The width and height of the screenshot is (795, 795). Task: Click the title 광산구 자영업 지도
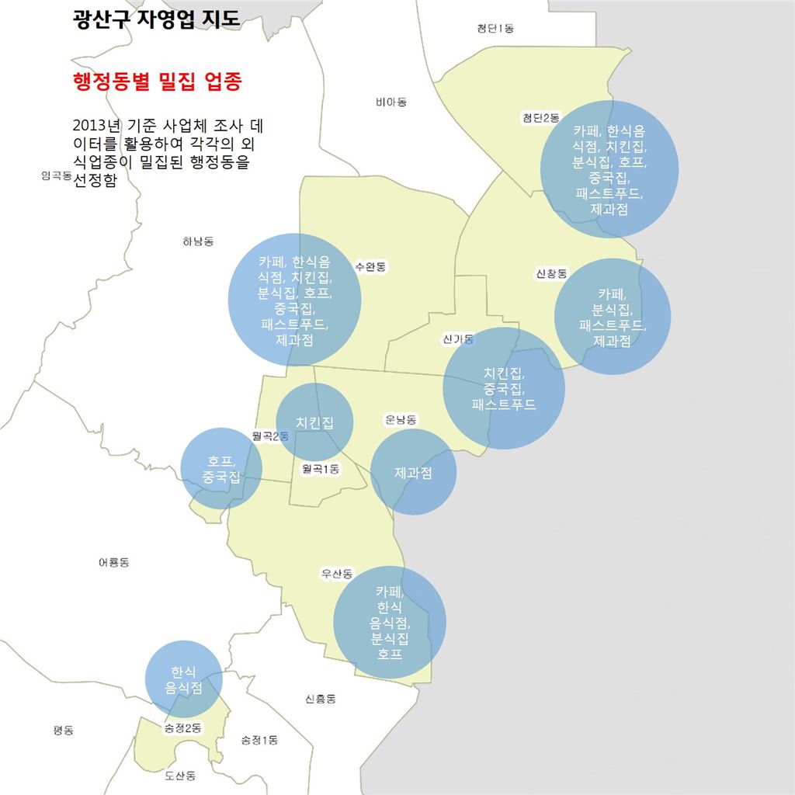[x=156, y=19]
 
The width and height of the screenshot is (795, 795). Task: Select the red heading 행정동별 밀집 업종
[x=156, y=82]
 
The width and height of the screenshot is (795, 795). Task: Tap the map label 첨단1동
[x=495, y=29]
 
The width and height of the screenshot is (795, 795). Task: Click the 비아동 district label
[x=391, y=102]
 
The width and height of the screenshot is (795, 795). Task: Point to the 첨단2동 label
[x=540, y=117]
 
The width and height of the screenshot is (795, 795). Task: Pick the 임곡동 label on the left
[x=57, y=175]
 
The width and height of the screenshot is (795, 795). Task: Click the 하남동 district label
[x=197, y=241]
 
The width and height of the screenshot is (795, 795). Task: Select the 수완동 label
[x=370, y=266]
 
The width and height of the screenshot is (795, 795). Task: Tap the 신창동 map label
[x=551, y=273]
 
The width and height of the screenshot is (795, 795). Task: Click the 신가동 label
[x=458, y=338]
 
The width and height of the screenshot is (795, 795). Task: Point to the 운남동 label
[x=401, y=419]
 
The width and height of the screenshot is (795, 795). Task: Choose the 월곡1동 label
[x=321, y=468]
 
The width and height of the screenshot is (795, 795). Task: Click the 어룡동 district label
[x=113, y=562]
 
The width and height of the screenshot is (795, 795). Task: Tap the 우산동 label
[x=337, y=574]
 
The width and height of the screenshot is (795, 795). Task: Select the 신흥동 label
[x=321, y=699]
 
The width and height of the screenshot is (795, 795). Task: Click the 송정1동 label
[x=259, y=740]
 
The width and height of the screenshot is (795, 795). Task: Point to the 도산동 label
[x=180, y=775]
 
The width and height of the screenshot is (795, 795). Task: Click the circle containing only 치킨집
[x=314, y=422]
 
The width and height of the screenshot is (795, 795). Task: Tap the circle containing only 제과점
[x=413, y=472]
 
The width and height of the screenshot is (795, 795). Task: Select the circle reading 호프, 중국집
[x=221, y=468]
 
